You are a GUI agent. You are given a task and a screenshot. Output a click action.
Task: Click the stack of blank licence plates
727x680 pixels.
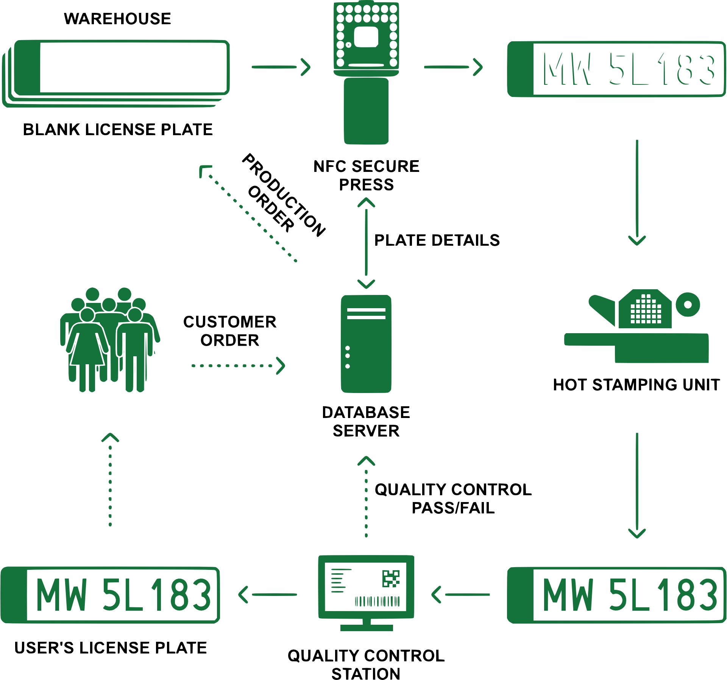[x=115, y=72]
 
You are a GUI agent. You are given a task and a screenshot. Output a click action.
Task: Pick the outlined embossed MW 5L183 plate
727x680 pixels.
[x=616, y=69]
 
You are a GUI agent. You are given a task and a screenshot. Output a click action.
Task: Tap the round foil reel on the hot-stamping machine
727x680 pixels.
[x=688, y=304]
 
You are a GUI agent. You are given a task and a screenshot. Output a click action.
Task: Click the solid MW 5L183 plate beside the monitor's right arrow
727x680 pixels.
[x=616, y=595]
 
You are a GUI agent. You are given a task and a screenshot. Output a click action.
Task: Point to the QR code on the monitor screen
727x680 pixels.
[x=391, y=579]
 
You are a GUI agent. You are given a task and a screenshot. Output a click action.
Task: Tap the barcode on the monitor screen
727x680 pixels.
[x=377, y=601]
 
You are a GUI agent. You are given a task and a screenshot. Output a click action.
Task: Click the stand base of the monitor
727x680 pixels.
[x=366, y=628]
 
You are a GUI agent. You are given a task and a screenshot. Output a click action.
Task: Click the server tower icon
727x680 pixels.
[x=366, y=344]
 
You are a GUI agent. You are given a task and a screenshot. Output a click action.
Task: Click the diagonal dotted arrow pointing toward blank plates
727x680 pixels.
[x=248, y=214]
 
